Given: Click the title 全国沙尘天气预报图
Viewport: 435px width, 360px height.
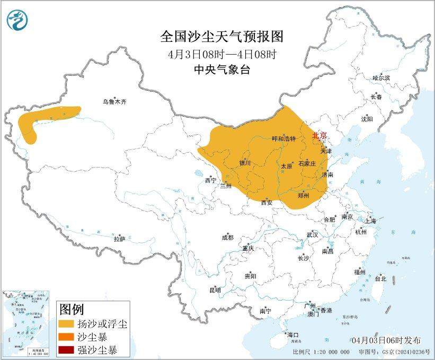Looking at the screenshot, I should (x=222, y=37).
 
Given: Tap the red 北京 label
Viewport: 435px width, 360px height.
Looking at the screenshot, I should (x=319, y=136).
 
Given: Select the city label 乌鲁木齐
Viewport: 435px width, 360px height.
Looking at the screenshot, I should (x=115, y=101).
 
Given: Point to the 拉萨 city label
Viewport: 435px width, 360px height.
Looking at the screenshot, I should (x=119, y=239).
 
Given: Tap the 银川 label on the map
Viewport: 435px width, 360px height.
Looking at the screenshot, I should (x=244, y=163).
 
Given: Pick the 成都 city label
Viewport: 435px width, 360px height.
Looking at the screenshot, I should (x=227, y=238).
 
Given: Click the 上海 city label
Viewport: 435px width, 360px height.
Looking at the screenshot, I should (x=371, y=221).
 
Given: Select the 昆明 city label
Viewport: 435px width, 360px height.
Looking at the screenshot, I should (x=215, y=289).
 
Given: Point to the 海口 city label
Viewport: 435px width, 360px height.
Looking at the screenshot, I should (x=292, y=335).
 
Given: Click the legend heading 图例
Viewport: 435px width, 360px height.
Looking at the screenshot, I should (x=71, y=309).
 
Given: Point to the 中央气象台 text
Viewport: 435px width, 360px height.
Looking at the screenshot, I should (x=222, y=69).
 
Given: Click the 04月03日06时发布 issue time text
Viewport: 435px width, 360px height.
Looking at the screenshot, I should (x=386, y=340).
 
